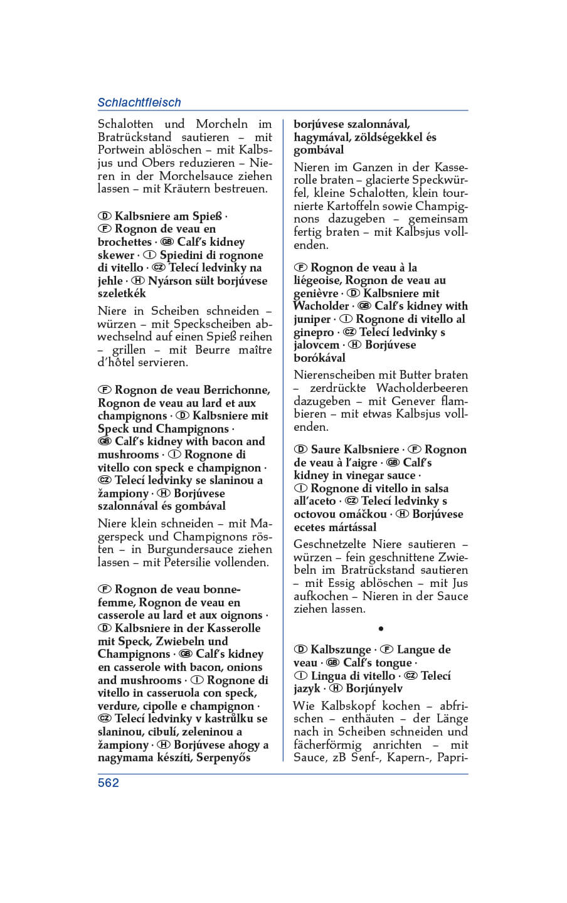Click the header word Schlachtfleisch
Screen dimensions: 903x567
click(139, 102)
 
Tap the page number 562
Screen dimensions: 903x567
click(108, 783)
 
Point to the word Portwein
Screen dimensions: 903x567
click(123, 150)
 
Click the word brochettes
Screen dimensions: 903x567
click(124, 242)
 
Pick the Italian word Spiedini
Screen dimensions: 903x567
click(181, 255)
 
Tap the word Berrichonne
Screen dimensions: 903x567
click(232, 390)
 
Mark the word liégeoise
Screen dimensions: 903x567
click(317, 280)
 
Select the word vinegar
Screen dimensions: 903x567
click(351, 475)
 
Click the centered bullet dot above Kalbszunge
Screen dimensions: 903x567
click(381, 628)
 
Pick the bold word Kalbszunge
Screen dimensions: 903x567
click(341, 650)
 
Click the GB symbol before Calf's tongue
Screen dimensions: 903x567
click(332, 663)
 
